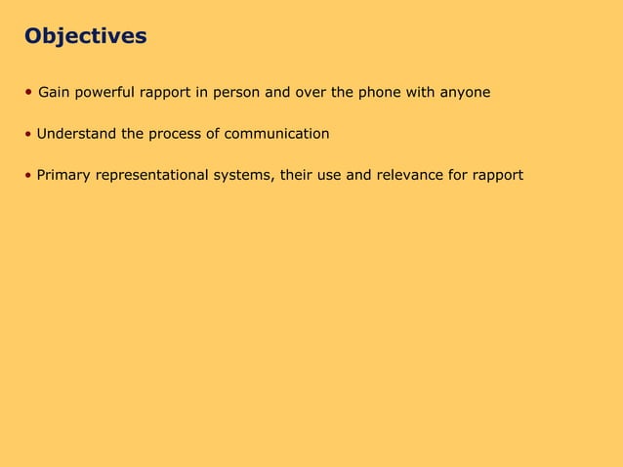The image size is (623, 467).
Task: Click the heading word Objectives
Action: (x=86, y=37)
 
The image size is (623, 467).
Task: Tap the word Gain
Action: (x=54, y=93)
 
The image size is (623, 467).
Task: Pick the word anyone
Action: (x=464, y=93)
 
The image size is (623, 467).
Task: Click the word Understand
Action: (x=76, y=134)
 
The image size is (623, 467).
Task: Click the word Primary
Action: (x=62, y=176)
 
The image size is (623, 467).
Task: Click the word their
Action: (x=298, y=176)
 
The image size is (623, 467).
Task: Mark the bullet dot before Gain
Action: (x=29, y=93)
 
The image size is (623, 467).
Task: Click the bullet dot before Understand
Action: (x=29, y=134)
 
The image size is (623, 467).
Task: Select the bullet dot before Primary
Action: (x=29, y=176)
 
